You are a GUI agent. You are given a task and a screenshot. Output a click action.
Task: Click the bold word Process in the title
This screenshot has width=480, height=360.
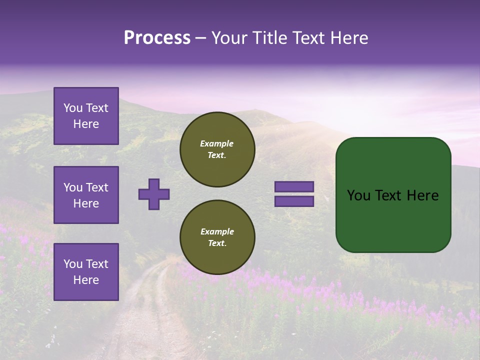pos(157,38)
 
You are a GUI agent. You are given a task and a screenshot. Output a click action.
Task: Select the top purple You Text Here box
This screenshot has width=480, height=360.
pos(86,116)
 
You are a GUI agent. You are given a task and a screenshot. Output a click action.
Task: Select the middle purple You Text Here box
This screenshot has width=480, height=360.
pos(86,195)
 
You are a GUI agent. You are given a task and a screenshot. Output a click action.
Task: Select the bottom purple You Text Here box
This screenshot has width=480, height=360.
pos(86,271)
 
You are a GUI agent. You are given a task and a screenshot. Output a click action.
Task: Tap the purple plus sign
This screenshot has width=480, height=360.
pos(154,194)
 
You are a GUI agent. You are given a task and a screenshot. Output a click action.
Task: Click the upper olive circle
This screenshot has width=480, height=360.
pos(217,149)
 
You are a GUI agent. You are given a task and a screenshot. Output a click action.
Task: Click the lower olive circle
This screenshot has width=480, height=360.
pos(217,237)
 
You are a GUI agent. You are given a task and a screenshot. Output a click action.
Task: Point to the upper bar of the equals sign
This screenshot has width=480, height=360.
pos(294,186)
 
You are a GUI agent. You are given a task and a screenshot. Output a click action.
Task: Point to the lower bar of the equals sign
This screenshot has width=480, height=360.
pos(294,201)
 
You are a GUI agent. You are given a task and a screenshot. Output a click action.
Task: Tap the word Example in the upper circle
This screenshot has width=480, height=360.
pos(217,143)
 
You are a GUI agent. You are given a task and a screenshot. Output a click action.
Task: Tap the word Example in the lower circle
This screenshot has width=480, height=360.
pos(217,231)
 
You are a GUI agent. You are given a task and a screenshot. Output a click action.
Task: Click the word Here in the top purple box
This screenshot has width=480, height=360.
pos(86,124)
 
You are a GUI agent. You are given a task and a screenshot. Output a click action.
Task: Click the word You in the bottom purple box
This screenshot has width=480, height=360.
pos(73,264)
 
